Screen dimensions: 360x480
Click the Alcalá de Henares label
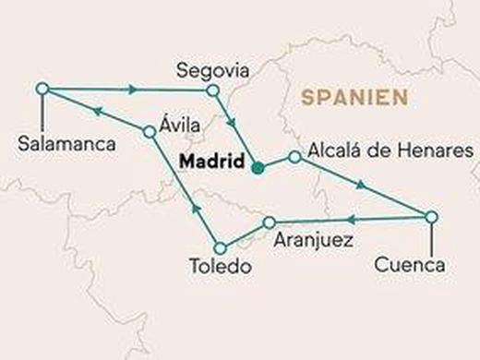391,149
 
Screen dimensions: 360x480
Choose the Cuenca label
410,265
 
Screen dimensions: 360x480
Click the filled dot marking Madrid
258,168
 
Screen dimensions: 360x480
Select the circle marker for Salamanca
41,88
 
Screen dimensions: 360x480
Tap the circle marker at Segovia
213,90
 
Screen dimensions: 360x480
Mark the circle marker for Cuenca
430,217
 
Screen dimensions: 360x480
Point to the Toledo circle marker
220,247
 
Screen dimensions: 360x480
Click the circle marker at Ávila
149,132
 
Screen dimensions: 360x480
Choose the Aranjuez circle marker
269,222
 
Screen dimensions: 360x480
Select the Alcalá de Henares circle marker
294,157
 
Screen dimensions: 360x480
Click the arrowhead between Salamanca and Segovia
133,90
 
